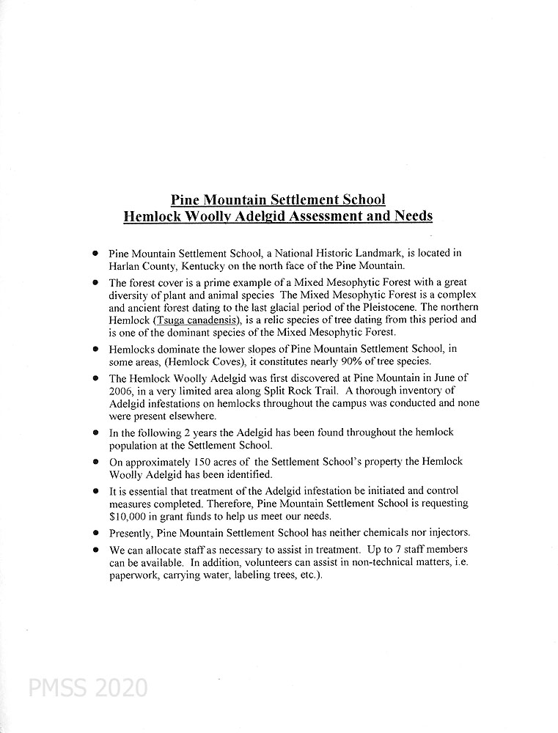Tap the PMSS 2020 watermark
pos(87,688)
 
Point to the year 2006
pos(122,391)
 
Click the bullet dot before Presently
pos(96,532)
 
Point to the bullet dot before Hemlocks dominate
pos(96,350)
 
